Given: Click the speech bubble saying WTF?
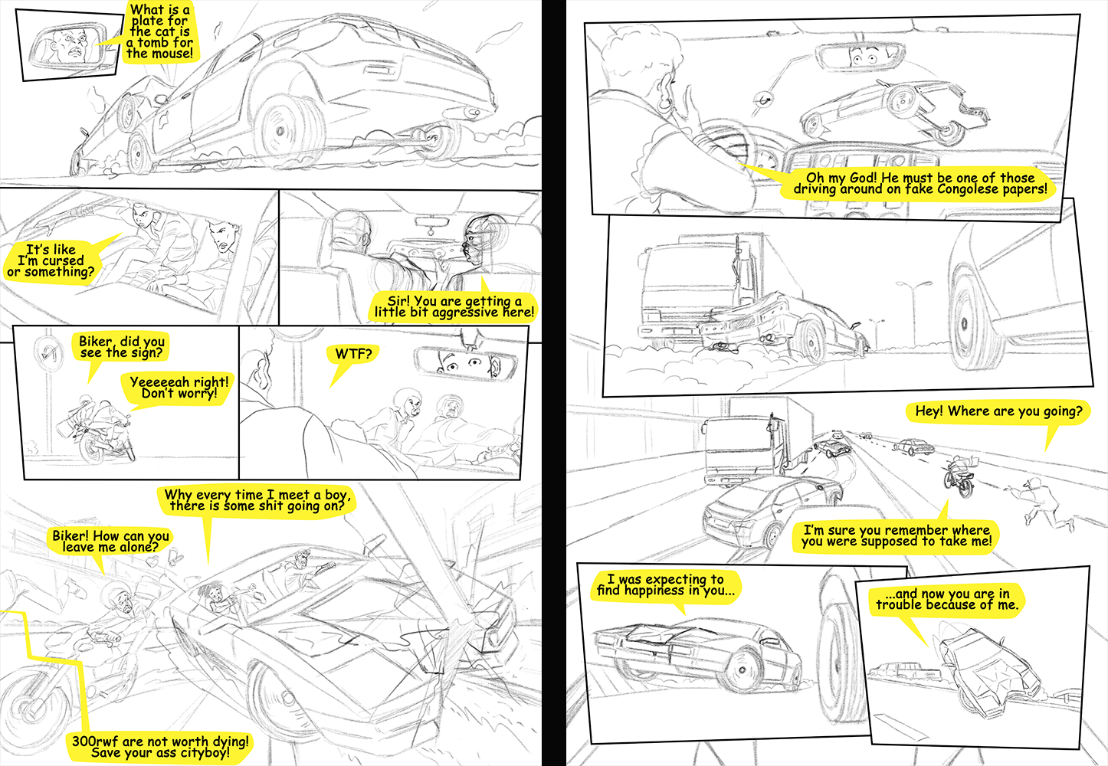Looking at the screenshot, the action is click(x=352, y=354).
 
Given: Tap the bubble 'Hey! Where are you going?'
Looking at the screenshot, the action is click(x=998, y=411).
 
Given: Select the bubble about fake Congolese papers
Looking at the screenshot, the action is click(x=919, y=184).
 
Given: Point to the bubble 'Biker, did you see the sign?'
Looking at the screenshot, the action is click(x=121, y=347).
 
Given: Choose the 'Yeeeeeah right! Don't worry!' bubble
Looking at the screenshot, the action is click(x=179, y=388).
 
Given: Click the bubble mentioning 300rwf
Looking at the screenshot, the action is click(x=160, y=747).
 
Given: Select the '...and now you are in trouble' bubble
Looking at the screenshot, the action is click(x=947, y=599).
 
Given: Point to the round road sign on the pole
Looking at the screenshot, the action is click(x=48, y=352).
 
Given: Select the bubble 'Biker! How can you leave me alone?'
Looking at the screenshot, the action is click(x=110, y=542).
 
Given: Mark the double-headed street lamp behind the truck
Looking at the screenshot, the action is click(x=913, y=312).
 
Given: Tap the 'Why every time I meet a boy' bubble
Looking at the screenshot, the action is click(x=257, y=500).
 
